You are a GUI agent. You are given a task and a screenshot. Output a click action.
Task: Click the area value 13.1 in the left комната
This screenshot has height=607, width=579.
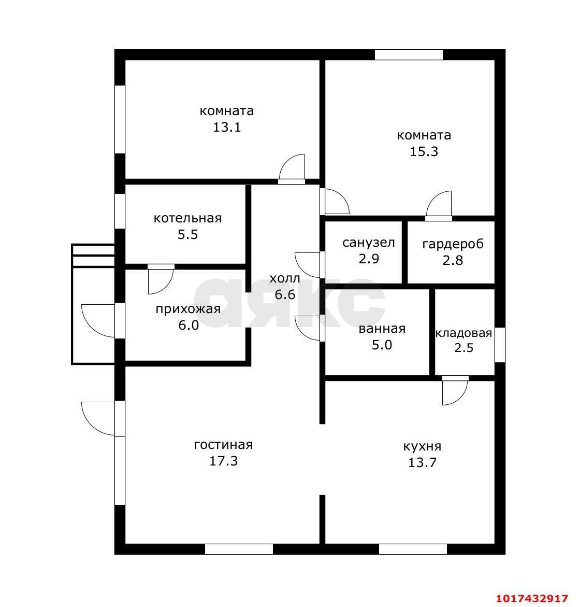227,127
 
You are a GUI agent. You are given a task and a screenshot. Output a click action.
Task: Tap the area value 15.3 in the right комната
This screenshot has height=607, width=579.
424,151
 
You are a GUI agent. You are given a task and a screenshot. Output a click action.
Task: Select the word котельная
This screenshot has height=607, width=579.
187,218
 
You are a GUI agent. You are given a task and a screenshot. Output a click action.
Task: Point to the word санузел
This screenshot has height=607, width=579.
369,243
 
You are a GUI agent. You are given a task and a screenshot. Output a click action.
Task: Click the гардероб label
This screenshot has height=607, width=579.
453,245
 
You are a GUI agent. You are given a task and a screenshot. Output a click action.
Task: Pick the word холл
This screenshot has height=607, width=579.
285,278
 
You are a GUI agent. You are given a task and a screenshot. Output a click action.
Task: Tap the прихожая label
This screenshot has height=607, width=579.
189,309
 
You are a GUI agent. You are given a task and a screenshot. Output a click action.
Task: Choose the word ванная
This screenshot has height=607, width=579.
382,329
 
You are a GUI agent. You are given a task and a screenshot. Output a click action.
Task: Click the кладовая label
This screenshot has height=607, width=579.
464,333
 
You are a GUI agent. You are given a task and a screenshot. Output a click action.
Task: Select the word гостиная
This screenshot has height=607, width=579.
223,445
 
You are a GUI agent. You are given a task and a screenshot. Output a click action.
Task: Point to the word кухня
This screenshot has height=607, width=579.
423,447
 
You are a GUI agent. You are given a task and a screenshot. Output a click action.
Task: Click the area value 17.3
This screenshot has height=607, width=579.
224,461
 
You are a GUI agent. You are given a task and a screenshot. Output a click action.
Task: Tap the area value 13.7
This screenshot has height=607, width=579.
423,462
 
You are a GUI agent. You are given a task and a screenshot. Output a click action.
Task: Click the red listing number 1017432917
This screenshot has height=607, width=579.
532,599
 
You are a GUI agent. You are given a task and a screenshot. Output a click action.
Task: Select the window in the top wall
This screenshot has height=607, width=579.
409,54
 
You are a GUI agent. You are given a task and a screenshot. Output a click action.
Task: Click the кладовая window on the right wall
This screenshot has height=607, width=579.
500,345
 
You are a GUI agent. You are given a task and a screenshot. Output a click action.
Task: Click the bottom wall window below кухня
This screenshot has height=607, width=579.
413,549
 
